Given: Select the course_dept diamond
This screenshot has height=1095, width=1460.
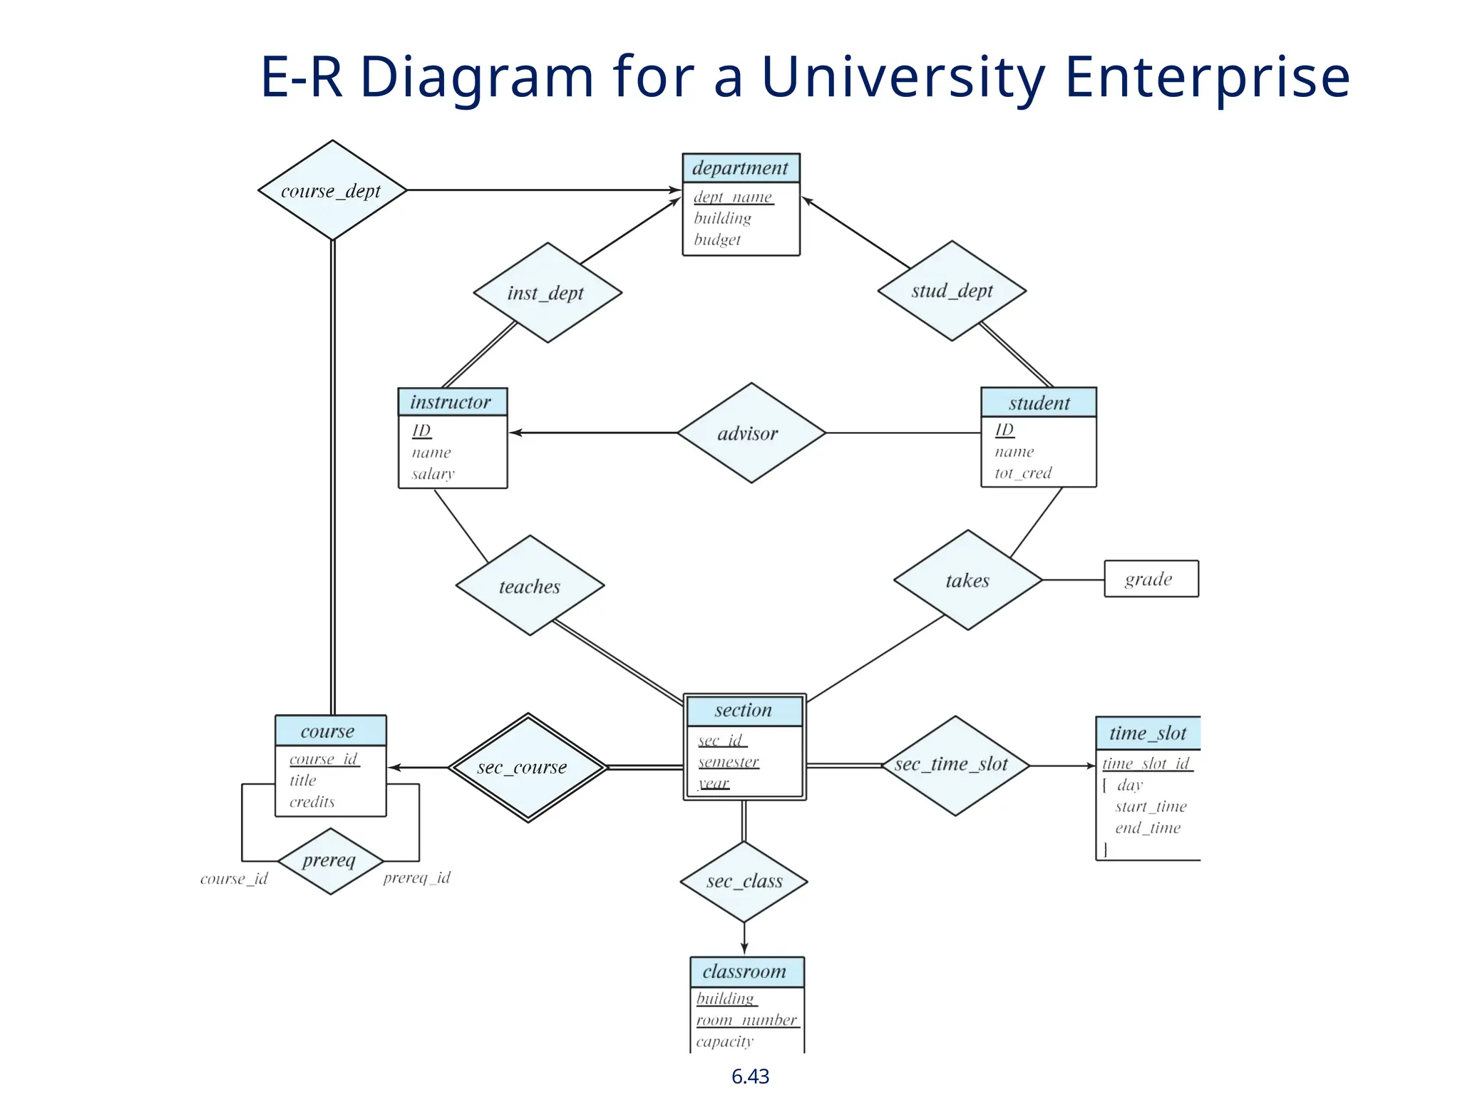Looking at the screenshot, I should (x=332, y=190).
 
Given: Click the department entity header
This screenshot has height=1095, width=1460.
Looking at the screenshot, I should (x=741, y=168).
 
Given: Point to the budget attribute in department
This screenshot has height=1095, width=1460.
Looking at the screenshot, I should (x=717, y=240).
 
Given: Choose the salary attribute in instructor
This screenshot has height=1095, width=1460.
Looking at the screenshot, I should (x=433, y=473).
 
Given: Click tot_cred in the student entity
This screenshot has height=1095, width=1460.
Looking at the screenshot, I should (x=1023, y=473).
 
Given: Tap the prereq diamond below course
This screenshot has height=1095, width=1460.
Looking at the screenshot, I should (x=330, y=861).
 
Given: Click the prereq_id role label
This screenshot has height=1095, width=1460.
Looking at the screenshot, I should (x=417, y=878).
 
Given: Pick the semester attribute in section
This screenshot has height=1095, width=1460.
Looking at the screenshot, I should (x=729, y=762).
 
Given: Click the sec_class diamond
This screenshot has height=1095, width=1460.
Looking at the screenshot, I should (x=744, y=882).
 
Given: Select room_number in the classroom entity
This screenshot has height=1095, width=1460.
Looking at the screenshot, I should (x=746, y=1020).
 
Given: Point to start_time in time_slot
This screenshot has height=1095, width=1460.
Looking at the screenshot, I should (x=1151, y=806).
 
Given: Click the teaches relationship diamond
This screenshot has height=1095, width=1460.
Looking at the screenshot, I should (x=530, y=586).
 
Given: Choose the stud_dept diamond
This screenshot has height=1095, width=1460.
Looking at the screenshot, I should (x=952, y=291).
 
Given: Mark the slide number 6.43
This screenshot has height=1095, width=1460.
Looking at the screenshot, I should (x=750, y=1076).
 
